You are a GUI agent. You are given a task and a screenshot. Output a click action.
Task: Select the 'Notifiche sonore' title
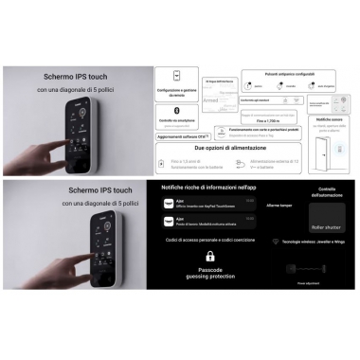[x=324, y=118]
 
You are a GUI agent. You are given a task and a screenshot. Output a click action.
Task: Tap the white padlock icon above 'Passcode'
[x=209, y=256]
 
